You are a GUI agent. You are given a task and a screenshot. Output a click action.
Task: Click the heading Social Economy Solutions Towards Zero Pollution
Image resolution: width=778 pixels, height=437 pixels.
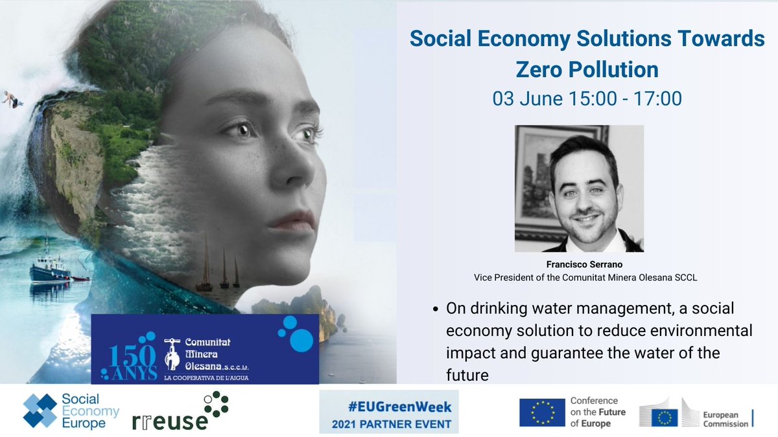point(587,53)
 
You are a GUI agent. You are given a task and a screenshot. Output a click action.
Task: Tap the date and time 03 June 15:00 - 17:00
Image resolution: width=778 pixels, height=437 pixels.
point(587,99)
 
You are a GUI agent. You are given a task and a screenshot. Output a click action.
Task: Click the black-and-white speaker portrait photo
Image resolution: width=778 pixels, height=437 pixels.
point(579,188)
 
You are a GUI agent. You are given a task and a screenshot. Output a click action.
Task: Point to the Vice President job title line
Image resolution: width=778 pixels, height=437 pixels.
point(579,276)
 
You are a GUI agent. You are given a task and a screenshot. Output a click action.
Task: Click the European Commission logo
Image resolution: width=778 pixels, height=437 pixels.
point(694,412)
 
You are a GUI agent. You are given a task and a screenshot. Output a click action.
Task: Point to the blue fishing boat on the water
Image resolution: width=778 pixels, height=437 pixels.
point(51,267)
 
